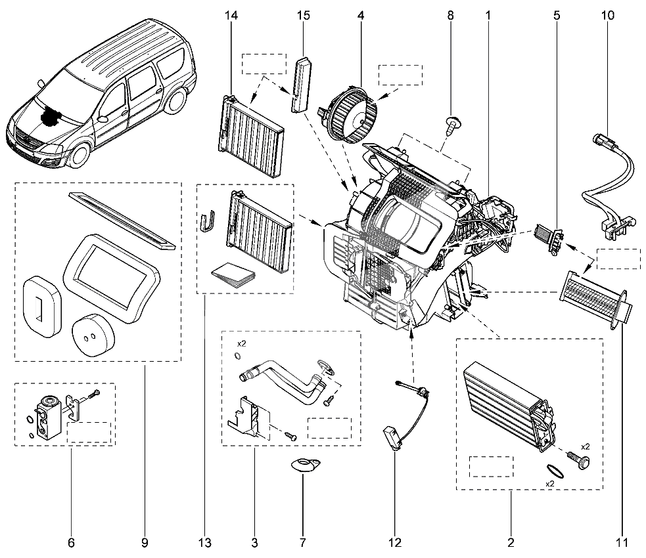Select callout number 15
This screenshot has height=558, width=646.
pyautogui.click(x=303, y=15)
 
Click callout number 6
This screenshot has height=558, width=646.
pyautogui.click(x=71, y=542)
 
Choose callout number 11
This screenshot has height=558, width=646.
pyautogui.click(x=622, y=542)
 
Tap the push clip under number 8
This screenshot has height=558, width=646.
pyautogui.click(x=451, y=125)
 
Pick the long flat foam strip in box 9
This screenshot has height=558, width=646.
pyautogui.click(x=122, y=219)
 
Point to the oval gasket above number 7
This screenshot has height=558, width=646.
pyautogui.click(x=304, y=465)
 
